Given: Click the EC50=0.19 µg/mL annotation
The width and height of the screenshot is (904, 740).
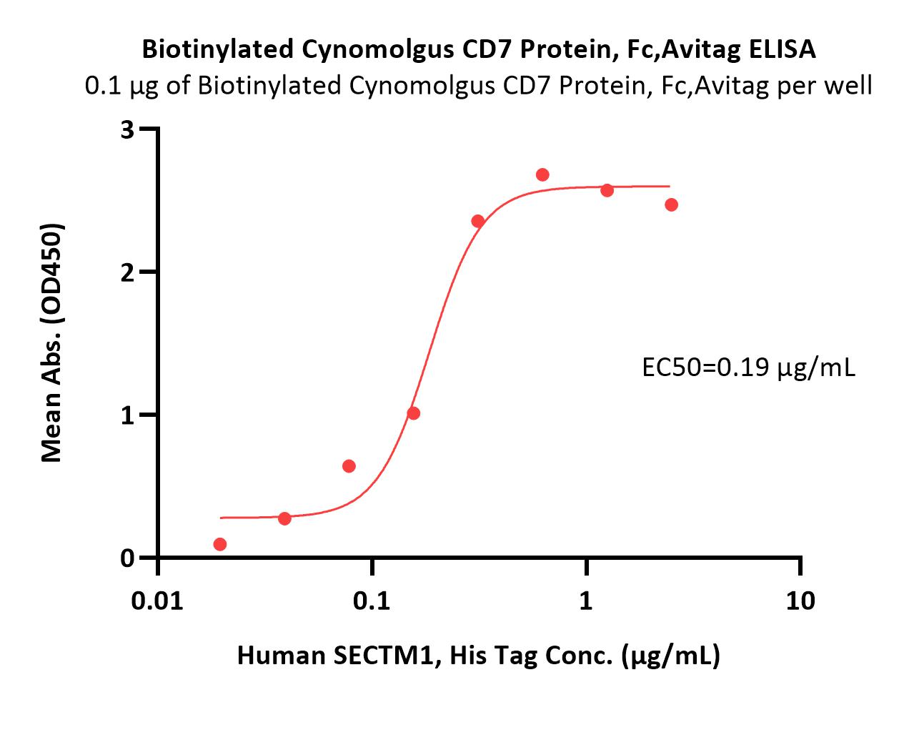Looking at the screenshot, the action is [x=748, y=368].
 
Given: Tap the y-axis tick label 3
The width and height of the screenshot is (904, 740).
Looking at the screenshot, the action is [x=127, y=129].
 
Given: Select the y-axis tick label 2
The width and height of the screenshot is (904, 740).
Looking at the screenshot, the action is [x=127, y=273].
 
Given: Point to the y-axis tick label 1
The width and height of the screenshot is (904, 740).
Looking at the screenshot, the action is [x=127, y=415].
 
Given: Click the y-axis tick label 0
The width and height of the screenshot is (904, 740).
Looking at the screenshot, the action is [x=127, y=558].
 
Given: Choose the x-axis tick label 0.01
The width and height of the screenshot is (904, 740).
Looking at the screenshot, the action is [x=157, y=601].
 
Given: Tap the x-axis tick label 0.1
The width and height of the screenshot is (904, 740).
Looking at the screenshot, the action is [x=371, y=601].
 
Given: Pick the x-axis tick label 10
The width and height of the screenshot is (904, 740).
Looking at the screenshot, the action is [x=800, y=601].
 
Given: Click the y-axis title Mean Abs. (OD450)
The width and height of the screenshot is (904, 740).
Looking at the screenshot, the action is [x=52, y=342].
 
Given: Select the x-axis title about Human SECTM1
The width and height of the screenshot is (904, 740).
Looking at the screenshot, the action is [x=478, y=656].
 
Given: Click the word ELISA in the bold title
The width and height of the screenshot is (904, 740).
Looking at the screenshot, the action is [x=782, y=49].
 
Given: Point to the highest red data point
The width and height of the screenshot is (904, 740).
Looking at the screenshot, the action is [x=542, y=174].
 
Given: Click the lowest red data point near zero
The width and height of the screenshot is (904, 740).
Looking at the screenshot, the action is [x=220, y=544].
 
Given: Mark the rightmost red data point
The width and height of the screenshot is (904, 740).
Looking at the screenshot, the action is [x=672, y=204].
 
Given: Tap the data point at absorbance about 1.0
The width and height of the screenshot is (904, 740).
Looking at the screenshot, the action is [x=414, y=413].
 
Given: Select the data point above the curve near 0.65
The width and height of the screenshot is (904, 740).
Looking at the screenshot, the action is [x=349, y=466].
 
